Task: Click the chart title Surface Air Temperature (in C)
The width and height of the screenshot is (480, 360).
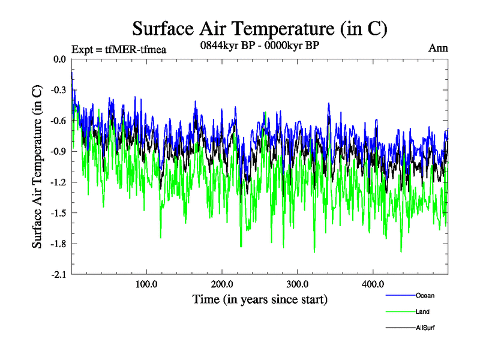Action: (259, 28)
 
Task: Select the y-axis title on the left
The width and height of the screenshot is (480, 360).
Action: (37, 167)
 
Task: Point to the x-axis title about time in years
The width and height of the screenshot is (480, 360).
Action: (260, 298)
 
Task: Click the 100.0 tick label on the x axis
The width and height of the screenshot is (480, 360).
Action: (146, 284)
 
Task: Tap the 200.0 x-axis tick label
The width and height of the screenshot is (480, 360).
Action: (222, 284)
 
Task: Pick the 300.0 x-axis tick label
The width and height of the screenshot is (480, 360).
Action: (298, 284)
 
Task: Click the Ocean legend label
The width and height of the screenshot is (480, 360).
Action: (425, 295)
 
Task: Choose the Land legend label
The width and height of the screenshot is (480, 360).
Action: (422, 311)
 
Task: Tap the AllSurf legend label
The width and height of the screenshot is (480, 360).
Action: (425, 328)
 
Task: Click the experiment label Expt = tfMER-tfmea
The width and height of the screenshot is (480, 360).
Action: (118, 49)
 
